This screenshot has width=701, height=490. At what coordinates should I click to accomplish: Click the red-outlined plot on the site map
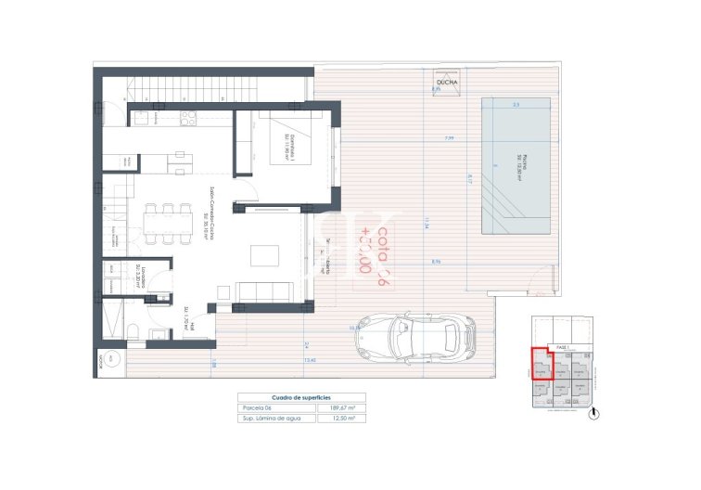[x=540, y=364]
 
